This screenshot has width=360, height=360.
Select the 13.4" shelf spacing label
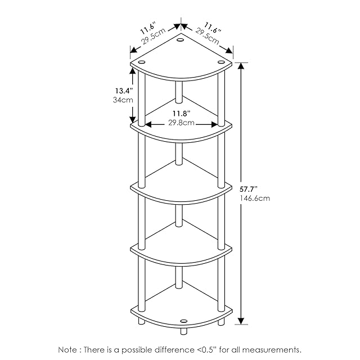[123, 90]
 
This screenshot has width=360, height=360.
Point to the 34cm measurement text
[123, 100]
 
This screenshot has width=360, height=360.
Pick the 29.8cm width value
[181, 123]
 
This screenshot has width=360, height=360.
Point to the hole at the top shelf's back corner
[181, 40]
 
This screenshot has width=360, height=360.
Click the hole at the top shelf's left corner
[142, 62]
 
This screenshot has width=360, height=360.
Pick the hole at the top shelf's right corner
[220, 62]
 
